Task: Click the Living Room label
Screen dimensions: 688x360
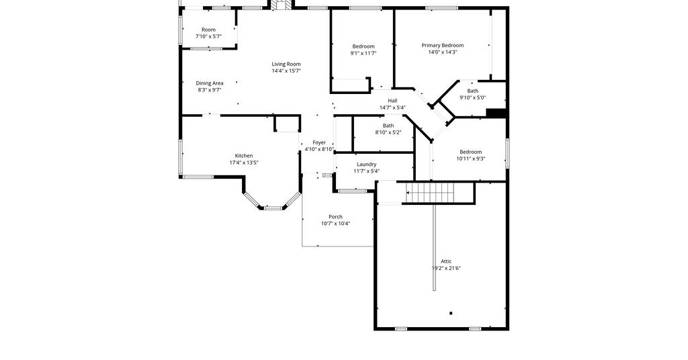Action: (286, 64)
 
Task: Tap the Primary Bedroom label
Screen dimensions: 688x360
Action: (442, 45)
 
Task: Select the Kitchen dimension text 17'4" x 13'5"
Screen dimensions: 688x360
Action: (244, 163)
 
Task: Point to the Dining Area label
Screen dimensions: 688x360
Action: (210, 83)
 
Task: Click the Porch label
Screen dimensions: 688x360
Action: (335, 217)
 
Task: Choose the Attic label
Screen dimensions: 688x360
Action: (446, 261)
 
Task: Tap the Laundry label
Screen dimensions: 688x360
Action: (366, 165)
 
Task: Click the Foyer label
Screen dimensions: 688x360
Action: (319, 142)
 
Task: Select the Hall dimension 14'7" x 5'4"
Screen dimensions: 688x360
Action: (392, 107)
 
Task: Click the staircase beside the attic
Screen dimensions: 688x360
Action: (439, 193)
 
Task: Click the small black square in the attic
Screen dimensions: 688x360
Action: (451, 313)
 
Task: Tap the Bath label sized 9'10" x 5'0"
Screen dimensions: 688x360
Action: (472, 91)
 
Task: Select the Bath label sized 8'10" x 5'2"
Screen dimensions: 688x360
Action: (388, 126)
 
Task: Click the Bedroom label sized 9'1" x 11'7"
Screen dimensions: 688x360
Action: (363, 46)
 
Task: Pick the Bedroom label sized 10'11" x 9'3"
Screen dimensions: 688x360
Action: (470, 152)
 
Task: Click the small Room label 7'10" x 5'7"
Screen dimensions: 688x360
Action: (208, 30)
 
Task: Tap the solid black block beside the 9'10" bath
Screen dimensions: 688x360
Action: (497, 113)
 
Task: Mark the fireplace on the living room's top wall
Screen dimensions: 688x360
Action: (281, 5)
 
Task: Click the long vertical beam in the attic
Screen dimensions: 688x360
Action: (435, 247)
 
